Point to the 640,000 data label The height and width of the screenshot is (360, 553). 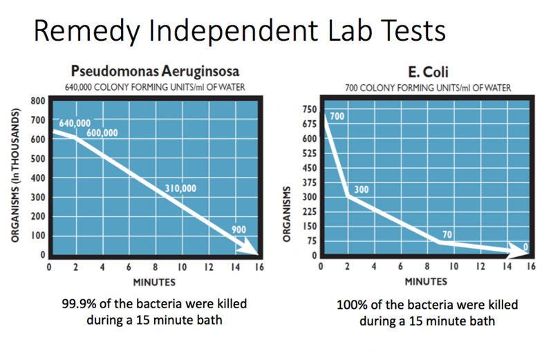click(x=75, y=124)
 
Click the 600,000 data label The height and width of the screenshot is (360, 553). click(x=102, y=133)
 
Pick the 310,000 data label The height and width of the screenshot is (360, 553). click(x=181, y=187)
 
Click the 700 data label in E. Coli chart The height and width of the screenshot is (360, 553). click(x=337, y=117)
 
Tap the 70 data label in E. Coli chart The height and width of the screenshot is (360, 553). click(x=447, y=235)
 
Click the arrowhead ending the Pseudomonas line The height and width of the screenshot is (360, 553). click(x=248, y=246)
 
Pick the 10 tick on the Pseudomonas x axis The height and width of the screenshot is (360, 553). click(x=181, y=266)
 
